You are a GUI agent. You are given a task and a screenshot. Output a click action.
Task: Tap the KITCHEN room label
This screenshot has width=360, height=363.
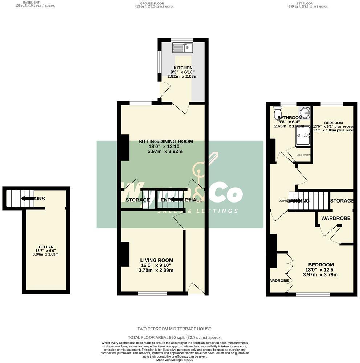[x=183, y=68]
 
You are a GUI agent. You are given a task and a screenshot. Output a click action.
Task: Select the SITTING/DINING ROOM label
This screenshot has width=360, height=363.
[x=165, y=142]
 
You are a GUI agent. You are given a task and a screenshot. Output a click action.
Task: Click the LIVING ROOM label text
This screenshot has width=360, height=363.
[x=157, y=260]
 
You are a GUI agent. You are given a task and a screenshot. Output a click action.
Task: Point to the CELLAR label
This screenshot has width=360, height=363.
[x=46, y=247]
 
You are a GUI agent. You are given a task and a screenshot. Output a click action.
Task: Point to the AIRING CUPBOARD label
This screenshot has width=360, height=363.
[x=304, y=155]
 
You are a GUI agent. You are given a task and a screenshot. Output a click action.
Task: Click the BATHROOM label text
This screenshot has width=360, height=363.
[x=290, y=118]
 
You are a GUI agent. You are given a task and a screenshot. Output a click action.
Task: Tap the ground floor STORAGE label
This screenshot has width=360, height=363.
[x=138, y=200]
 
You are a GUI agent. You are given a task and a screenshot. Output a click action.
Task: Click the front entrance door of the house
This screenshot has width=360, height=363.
[x=196, y=289]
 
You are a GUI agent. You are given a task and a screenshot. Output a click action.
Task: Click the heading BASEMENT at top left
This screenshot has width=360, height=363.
[x=31, y=3]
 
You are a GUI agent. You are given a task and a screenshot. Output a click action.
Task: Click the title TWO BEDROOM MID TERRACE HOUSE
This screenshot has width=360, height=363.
[x=174, y=329]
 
